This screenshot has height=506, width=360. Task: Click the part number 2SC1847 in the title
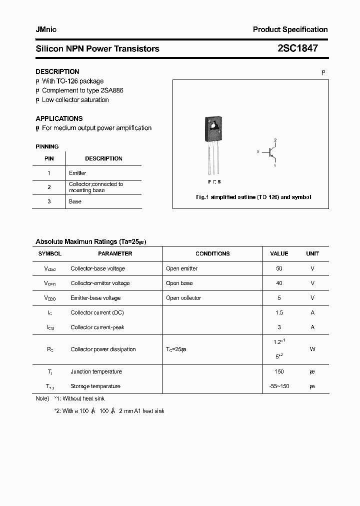coord(297,48)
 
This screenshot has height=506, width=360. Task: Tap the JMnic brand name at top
coord(46,29)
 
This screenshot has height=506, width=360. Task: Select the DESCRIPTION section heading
coord(57,71)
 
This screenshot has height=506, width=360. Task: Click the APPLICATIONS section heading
coord(59,118)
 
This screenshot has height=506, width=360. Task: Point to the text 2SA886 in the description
coord(112,90)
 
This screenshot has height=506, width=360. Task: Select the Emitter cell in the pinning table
coord(77,173)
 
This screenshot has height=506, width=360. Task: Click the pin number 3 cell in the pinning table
coord(49,201)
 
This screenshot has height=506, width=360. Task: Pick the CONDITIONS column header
coord(212,253)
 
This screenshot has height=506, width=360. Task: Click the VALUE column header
coord(279,253)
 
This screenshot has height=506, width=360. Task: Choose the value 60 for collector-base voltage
coord(279,268)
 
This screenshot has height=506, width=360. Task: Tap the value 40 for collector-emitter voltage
coord(279,283)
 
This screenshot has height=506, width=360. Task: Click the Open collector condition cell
coord(183,298)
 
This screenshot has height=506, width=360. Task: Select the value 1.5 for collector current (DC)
coord(279,312)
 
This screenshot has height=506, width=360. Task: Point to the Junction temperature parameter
coord(96,371)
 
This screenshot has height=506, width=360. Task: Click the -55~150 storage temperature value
coord(279,386)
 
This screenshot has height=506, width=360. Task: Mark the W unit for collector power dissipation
coord(312,349)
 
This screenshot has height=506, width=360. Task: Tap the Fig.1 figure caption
coord(253,197)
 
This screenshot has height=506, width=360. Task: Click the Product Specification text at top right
coord(290,29)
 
